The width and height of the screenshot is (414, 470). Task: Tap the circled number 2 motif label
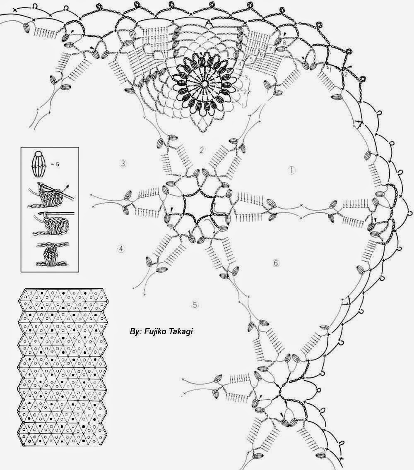point(202,150)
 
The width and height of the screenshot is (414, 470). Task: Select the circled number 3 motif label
point(123,163)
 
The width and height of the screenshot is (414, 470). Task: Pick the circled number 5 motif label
point(195,305)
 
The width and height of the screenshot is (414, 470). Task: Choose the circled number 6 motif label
point(276,263)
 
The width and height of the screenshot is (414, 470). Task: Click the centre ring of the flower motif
point(205,84)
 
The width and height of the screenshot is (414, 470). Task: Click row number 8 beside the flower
point(284,43)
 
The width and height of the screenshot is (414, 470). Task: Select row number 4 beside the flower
point(239,64)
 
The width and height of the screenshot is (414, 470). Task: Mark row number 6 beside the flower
point(261,54)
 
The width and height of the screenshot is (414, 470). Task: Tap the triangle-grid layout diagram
point(62,367)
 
